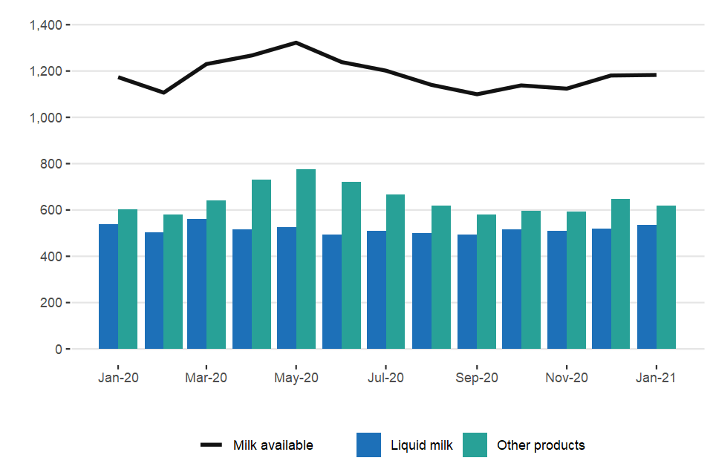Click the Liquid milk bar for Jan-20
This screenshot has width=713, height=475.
click(x=108, y=286)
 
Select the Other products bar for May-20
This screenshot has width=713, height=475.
click(x=306, y=259)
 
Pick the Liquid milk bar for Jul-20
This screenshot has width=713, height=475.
click(x=377, y=289)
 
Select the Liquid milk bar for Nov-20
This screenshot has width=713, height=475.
click(x=557, y=289)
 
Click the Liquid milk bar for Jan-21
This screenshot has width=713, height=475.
click(x=647, y=286)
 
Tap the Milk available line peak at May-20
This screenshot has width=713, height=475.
click(x=296, y=42)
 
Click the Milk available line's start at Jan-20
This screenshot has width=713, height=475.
click(x=119, y=77)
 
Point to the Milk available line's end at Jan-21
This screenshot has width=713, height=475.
click(x=656, y=75)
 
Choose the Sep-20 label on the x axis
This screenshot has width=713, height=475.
click(x=477, y=378)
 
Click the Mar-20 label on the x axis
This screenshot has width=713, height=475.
click(x=206, y=378)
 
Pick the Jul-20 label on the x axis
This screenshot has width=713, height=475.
click(x=386, y=378)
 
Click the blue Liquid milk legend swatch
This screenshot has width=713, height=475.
click(x=368, y=445)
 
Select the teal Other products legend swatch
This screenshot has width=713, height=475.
click(x=475, y=445)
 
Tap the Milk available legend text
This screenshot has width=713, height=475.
click(x=273, y=445)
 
